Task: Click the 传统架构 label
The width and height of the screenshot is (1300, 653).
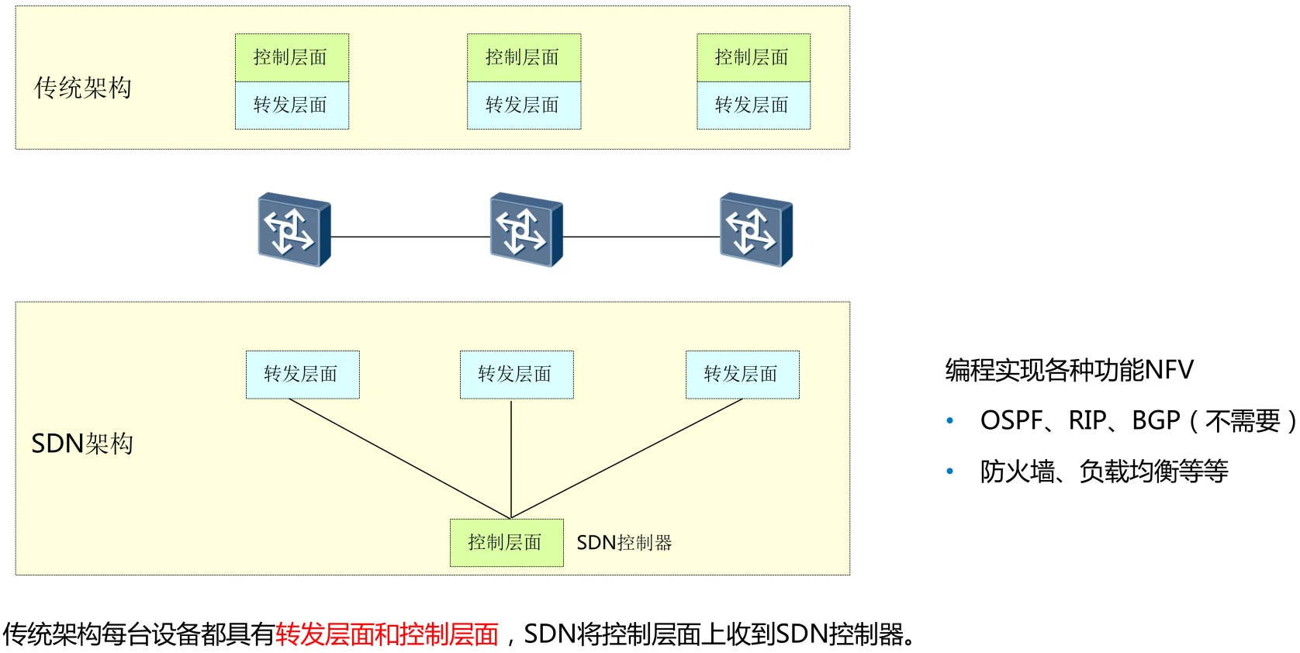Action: pos(82,88)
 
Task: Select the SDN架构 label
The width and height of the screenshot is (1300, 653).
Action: pos(82,444)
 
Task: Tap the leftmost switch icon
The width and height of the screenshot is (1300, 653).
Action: pos(294,230)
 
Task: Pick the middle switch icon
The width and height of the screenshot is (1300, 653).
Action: pos(526,230)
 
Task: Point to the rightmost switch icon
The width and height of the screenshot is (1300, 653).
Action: pos(755,230)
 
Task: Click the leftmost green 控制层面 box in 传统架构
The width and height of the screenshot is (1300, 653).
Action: pos(292,57)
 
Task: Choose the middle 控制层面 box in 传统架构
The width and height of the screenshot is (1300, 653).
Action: pos(524,57)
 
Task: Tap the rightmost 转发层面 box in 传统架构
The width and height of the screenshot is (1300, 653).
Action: pos(753,105)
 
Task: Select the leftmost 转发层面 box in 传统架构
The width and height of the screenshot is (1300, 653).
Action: pos(292,105)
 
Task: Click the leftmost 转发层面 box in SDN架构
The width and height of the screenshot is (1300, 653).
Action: pos(303,375)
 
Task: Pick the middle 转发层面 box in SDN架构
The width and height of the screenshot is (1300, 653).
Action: pos(517,375)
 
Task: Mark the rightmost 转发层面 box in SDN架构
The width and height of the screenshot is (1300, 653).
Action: pos(742,375)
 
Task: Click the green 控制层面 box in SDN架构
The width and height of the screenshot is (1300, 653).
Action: pos(507,543)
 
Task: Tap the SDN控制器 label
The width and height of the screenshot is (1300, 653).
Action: pos(624,543)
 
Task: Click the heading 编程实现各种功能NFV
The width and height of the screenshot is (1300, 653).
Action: pos(1069,370)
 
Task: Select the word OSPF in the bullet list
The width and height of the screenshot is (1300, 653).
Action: pos(1011,420)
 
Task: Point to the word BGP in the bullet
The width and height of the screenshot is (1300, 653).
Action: pos(1156,420)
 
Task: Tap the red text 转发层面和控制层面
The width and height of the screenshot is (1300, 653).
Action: pos(387,634)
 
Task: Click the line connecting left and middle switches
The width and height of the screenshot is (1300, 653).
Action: pos(410,237)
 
